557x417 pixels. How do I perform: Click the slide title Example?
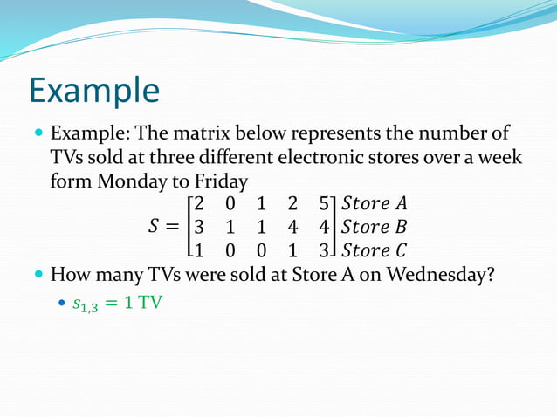[94, 91]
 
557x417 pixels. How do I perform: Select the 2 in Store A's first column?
[199, 204]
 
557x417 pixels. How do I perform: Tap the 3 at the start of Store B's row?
[199, 228]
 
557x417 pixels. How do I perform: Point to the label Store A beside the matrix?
[375, 204]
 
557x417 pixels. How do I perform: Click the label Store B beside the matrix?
[375, 228]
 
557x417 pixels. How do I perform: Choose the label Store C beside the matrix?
[375, 251]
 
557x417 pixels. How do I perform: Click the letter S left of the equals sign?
[154, 228]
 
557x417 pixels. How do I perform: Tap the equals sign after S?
[173, 228]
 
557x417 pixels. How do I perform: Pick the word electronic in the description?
[343, 159]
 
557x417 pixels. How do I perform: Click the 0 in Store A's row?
[230, 204]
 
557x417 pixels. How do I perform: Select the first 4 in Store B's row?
[292, 228]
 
